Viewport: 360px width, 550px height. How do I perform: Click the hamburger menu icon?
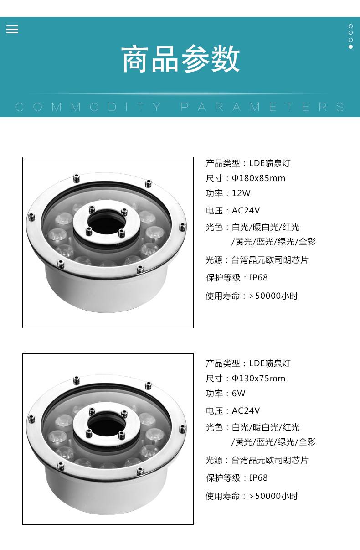pos(12,29)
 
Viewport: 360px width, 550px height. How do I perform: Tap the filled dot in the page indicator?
pos(351,47)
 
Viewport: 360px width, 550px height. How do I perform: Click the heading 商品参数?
pos(180,59)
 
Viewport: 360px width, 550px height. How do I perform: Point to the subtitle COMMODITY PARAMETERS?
pos(180,107)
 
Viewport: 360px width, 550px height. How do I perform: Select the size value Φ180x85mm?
pos(258,178)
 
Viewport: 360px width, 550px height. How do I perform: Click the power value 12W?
pos(241,193)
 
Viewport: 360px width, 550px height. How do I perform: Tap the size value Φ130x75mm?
pos(258,379)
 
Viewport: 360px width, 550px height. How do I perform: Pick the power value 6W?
pos(238,394)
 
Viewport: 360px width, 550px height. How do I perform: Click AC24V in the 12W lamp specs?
pos(246,210)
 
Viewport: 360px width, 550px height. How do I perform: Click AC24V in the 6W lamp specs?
pos(246,410)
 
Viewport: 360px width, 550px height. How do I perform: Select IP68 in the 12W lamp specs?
pos(258,277)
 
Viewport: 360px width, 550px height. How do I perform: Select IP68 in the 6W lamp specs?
pos(258,477)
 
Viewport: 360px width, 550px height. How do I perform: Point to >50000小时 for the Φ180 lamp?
pos(273,296)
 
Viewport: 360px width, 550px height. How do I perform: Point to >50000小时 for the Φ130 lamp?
pos(273,496)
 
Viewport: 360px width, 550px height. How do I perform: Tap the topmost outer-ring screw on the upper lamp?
pos(77,178)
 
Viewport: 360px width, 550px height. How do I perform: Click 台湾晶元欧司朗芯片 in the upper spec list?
pos(270,260)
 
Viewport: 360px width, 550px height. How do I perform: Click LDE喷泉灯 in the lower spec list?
pos(270,363)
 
